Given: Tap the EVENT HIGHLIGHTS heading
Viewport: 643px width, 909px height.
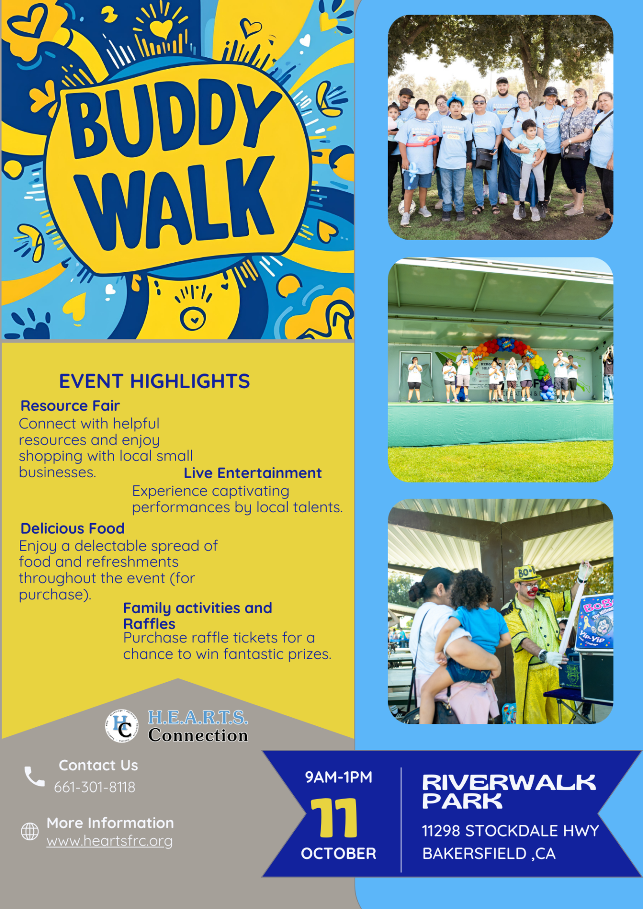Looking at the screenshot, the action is [154, 381].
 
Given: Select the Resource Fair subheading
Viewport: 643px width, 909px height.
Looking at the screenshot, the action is [70, 406].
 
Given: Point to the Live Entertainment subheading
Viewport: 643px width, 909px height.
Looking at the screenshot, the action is [253, 473].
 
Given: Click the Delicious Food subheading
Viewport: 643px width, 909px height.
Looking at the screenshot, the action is [72, 528].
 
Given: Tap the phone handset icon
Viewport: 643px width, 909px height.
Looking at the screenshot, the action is [35, 776].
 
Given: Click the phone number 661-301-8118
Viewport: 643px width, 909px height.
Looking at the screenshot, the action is [95, 787].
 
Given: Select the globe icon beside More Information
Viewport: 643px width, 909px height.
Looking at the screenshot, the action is [30, 831].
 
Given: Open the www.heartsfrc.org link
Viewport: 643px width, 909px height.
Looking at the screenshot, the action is [109, 841].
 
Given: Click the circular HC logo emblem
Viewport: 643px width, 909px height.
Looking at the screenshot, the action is [122, 726].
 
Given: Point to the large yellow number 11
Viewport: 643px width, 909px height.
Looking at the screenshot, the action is [335, 818].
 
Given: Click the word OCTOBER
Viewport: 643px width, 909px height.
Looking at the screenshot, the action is [338, 853].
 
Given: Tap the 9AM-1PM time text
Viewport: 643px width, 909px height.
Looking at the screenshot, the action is [338, 777].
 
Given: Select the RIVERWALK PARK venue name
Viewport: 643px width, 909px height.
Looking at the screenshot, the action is [509, 791].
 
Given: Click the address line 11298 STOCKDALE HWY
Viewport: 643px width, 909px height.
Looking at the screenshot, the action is [510, 830].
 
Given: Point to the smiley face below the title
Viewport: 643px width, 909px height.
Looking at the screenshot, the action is [193, 319].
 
